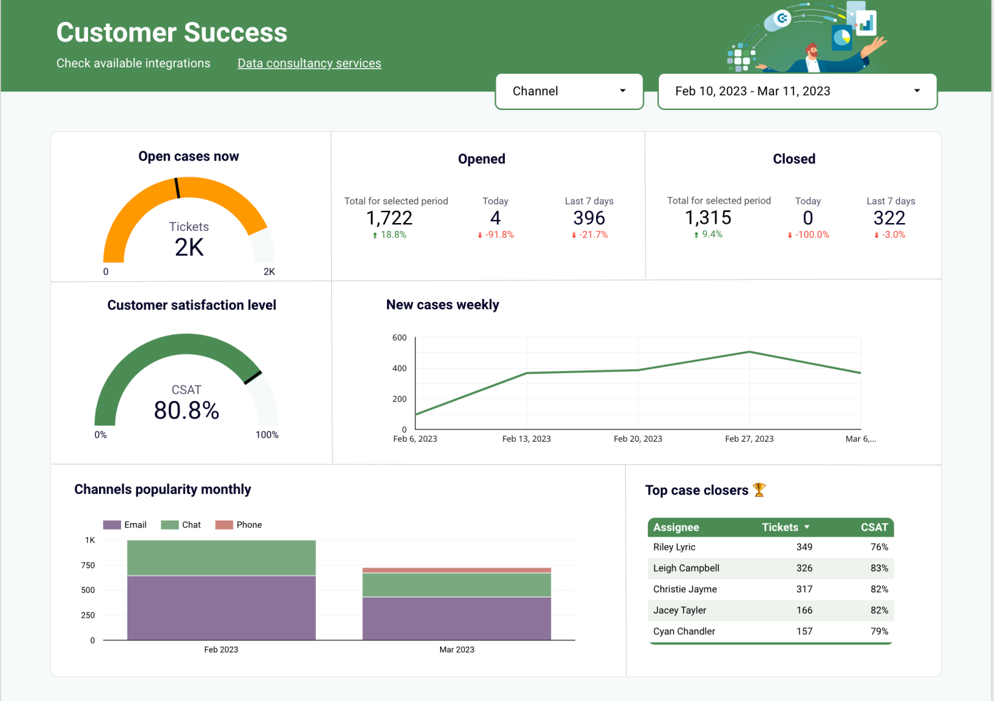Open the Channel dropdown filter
tap(569, 91)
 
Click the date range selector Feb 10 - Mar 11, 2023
tap(797, 91)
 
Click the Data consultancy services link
tap(309, 63)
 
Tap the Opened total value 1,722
tap(389, 218)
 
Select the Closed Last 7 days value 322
tap(889, 218)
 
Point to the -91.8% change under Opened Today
tap(496, 235)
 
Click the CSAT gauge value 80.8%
tap(186, 410)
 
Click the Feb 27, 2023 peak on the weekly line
tap(749, 352)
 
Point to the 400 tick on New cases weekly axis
tap(399, 369)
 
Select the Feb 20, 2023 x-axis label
tap(637, 439)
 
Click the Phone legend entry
tap(239, 525)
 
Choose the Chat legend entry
tap(181, 525)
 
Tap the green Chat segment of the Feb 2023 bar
tap(221, 557)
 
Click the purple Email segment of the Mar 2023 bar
tap(456, 618)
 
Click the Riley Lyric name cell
tap(674, 547)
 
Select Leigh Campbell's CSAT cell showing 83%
tap(879, 568)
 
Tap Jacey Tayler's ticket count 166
tap(804, 610)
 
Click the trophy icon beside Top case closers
tap(760, 490)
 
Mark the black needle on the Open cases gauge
tap(177, 188)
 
